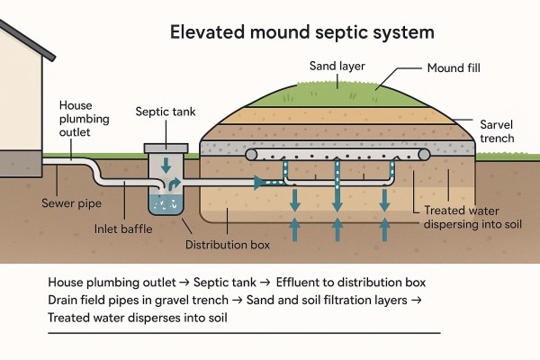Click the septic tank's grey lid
click(x=166, y=146)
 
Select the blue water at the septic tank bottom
click(x=166, y=207)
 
